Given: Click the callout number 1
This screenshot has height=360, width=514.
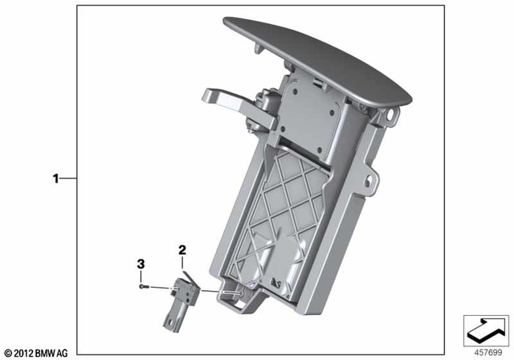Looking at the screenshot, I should pos(56,179).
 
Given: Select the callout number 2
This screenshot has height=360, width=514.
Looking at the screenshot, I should pos(182,251).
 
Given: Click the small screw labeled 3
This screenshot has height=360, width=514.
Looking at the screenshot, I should pos(142,284).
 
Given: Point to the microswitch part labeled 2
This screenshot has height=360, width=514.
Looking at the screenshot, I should pos(183,290).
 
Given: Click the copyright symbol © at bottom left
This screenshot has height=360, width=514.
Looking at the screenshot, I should pos(9,353).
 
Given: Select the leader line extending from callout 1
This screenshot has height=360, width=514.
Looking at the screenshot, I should pos(70,179).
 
